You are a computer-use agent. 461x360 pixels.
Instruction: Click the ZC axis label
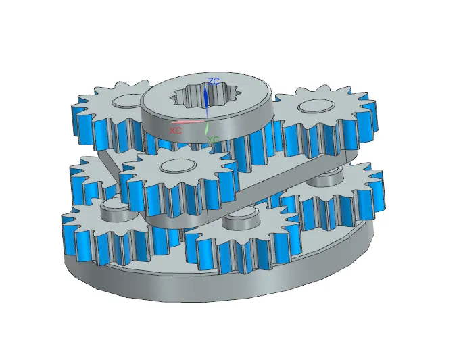click(x=214, y=81)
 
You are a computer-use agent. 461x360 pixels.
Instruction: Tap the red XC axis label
click(x=176, y=128)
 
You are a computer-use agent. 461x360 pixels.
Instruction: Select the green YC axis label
click(x=214, y=139)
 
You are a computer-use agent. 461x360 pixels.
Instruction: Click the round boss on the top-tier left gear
click(x=124, y=102)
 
